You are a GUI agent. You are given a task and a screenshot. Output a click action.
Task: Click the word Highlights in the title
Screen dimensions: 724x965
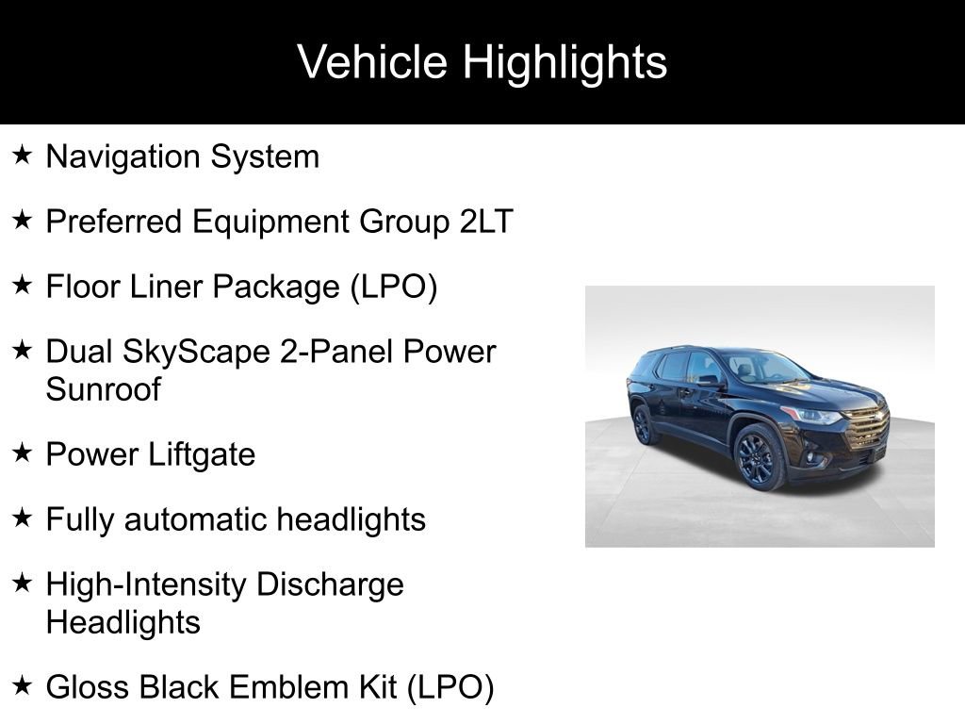(x=564, y=63)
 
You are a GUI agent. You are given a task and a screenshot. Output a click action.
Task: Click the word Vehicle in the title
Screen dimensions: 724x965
(x=373, y=63)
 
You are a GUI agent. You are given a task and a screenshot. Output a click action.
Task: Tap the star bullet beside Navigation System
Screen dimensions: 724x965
(x=23, y=155)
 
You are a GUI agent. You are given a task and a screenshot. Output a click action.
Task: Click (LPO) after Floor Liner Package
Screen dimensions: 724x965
(x=394, y=287)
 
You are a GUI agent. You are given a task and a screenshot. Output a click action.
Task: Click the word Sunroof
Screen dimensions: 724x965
(x=103, y=389)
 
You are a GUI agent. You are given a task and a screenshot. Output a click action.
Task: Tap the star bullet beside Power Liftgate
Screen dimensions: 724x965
(x=23, y=453)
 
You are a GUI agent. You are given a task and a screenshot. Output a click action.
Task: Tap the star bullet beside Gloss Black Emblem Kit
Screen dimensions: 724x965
(x=23, y=685)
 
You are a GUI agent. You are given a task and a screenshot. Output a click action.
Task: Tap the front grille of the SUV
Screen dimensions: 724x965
(x=865, y=430)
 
